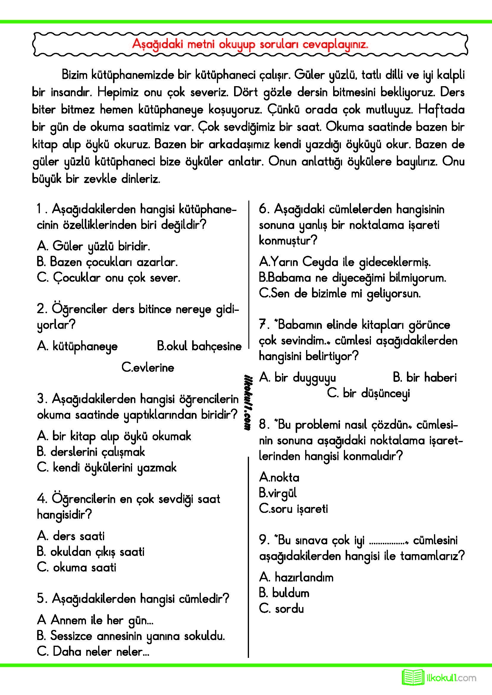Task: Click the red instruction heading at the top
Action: [x=250, y=45]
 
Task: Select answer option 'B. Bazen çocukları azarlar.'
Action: [x=107, y=262]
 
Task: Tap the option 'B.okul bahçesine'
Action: [x=199, y=346]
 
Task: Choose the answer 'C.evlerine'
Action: [x=148, y=368]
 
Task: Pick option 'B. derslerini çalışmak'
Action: [x=91, y=452]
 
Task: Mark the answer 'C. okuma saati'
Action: [x=76, y=568]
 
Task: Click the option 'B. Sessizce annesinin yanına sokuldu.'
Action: [x=131, y=636]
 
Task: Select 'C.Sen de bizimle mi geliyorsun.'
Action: [x=340, y=293]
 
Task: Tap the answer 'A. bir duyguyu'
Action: [x=297, y=378]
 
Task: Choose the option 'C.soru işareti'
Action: [x=293, y=509]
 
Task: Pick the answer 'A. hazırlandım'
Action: [x=296, y=578]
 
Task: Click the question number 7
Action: [x=263, y=325]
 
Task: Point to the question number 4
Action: [x=41, y=499]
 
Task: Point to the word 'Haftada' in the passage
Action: [x=441, y=110]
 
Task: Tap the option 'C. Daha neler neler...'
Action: [x=93, y=651]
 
